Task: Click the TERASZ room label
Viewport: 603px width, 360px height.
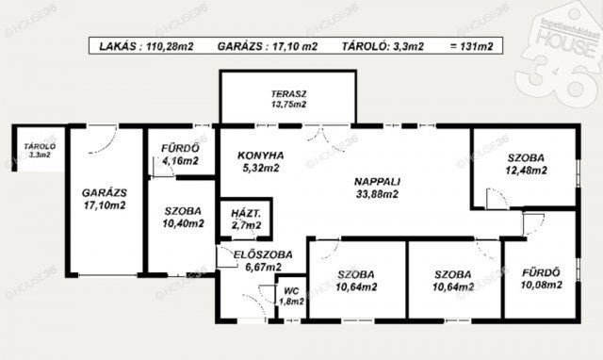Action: pos(289,94)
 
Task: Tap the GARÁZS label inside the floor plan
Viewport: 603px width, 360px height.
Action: pos(105,192)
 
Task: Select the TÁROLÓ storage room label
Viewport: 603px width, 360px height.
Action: pos(40,146)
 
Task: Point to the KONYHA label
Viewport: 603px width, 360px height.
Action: pos(261,155)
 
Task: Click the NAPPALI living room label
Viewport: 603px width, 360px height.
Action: pos(377,182)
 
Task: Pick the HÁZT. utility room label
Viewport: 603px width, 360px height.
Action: pos(246,214)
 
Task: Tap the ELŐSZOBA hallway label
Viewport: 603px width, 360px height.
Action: pos(263,254)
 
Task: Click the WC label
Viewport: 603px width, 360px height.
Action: pos(291,291)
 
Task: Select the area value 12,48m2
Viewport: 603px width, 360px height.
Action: pos(526,171)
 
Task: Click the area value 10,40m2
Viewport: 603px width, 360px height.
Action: pos(183,223)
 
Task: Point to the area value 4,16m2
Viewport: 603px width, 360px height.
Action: pos(180,161)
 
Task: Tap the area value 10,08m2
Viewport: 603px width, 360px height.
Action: pos(542,285)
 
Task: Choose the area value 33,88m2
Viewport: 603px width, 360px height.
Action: pos(377,194)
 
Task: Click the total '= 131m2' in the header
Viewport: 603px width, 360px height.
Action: pos(471,46)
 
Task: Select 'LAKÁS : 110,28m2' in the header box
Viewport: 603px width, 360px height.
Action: pos(146,46)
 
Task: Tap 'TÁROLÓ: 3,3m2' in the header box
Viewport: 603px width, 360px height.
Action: pos(383,46)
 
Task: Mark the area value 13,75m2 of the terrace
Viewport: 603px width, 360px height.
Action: pos(289,105)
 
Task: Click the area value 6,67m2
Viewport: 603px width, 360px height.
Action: pos(263,267)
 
